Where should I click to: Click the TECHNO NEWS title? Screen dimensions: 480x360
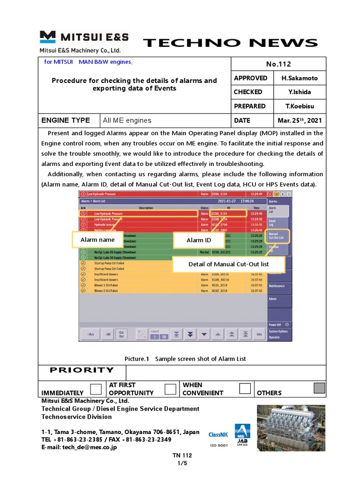tap(230, 44)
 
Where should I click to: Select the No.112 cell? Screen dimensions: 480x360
tap(278, 64)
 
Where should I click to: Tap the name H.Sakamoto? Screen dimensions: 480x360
tap(300, 78)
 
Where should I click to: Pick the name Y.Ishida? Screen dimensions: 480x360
tap(300, 92)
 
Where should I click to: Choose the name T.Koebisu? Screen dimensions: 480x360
tap(300, 106)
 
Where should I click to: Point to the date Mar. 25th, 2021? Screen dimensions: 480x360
tap(300, 120)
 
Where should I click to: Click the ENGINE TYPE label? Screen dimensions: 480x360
tap(66, 120)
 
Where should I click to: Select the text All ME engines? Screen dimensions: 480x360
tap(127, 120)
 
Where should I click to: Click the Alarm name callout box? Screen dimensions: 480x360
tap(97, 240)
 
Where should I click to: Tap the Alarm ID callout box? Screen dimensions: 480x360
tap(199, 240)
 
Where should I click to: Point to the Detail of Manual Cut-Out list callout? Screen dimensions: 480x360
tap(228, 264)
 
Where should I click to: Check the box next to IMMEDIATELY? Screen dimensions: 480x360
tap(96, 389)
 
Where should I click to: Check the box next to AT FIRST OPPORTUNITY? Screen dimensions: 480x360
tap(171, 389)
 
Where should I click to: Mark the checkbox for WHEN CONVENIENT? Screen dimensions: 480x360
tap(245, 388)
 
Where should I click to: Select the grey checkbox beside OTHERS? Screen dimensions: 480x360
tap(319, 388)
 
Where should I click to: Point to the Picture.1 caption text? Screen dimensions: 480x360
tap(185, 359)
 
